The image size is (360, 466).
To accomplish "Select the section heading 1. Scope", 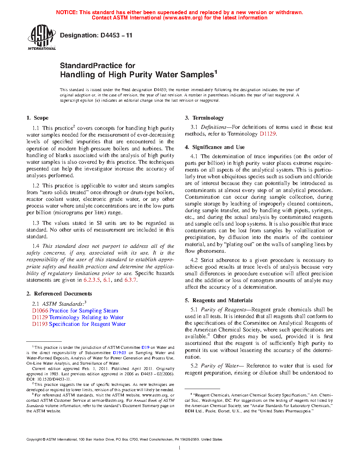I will pos(37,118).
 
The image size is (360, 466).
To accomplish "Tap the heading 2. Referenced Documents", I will pos(59,294).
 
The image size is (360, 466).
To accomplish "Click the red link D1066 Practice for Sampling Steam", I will pos(75,311).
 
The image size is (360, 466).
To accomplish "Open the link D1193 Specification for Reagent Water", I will pos(79,324).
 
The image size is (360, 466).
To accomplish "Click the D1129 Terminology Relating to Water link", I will pos(78,317).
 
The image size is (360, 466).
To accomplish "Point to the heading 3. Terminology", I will pos(204,118).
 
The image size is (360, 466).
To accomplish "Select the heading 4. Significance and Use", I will pos(215,147).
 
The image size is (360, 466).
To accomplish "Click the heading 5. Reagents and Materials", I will pos(219,300).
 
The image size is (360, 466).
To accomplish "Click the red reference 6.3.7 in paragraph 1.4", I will pos(131,280).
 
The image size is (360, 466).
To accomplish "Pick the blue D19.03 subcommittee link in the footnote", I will pos(119,353).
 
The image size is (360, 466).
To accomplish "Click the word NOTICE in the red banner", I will pos(67,12).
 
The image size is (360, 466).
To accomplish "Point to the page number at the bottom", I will pos(180,448).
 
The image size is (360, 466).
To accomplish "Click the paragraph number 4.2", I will pos(194,260).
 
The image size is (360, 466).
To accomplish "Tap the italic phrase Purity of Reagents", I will pos(223,310).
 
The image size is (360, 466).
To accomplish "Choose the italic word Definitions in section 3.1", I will pos(214,127).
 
